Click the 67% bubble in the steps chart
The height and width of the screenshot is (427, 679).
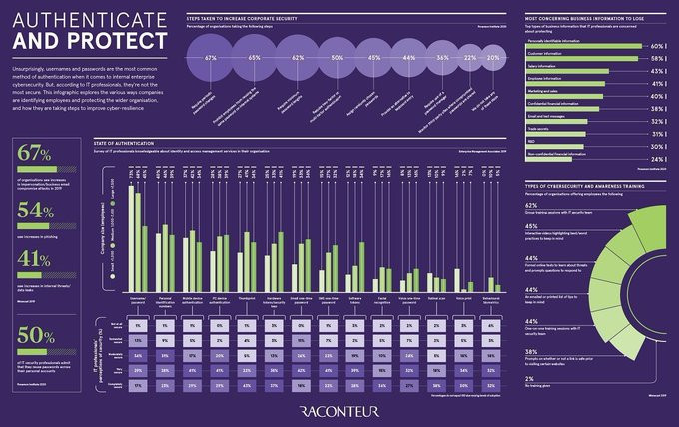pyautogui.click(x=211, y=59)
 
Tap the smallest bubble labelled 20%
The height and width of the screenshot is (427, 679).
pyautogui.click(x=492, y=59)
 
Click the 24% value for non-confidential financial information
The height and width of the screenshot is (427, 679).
pyautogui.click(x=657, y=159)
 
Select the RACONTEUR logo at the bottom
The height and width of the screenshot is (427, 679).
pyautogui.click(x=339, y=409)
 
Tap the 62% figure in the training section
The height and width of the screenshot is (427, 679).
pyautogui.click(x=532, y=205)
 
